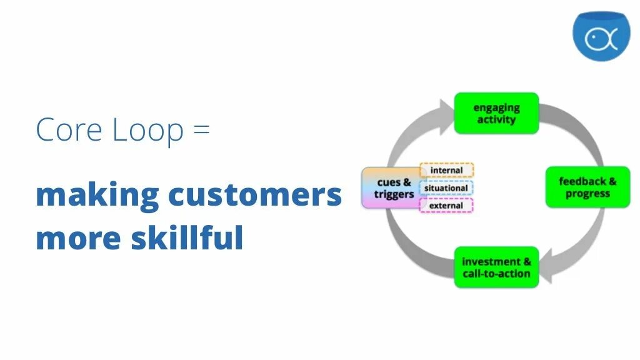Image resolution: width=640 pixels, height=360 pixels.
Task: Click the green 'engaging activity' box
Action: coord(496,113)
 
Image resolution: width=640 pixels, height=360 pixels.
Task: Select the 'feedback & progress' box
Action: coord(587,187)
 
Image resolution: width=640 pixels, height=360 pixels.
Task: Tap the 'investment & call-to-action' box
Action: coord(496,267)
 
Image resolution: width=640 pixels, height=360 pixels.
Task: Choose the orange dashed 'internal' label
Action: coord(446,170)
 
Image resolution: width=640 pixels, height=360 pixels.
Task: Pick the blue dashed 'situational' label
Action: coord(446,188)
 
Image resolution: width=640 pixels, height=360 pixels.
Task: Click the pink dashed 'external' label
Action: coord(446,206)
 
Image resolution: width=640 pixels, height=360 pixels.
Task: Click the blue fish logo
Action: coord(601,36)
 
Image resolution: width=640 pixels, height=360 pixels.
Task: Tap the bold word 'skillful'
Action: coord(187,238)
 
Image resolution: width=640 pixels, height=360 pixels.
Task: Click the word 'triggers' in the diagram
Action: coord(394,194)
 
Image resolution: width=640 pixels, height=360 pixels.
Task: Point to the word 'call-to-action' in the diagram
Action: coord(496,274)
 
